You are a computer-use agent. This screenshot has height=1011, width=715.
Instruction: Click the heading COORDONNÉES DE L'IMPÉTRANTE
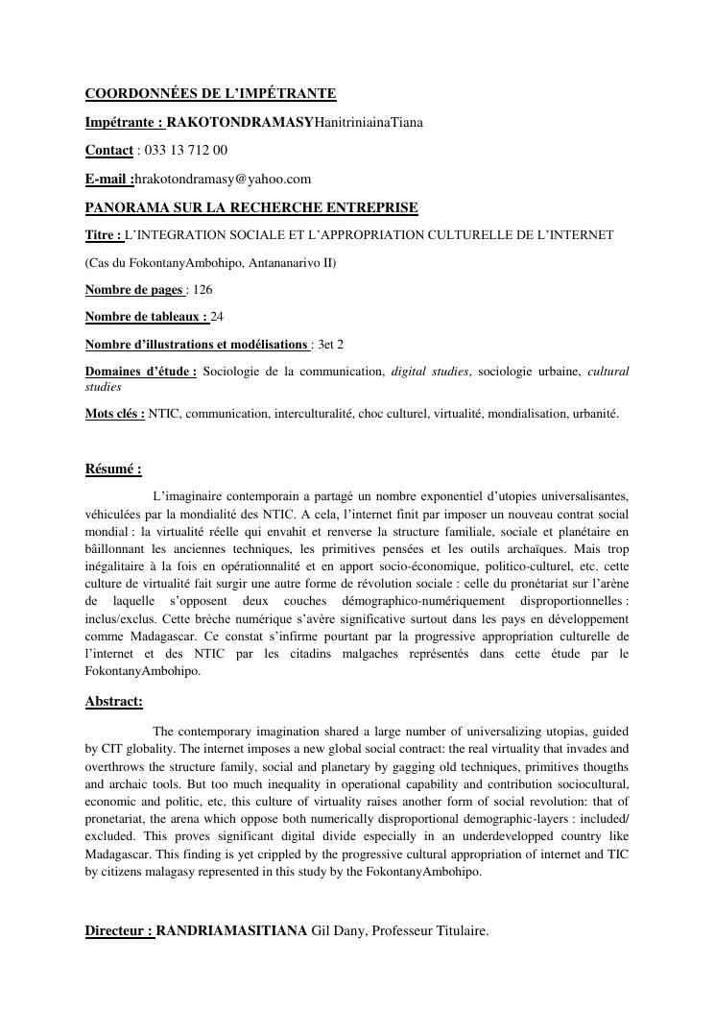[210, 94]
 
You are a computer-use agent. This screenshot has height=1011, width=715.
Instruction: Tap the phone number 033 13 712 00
[185, 151]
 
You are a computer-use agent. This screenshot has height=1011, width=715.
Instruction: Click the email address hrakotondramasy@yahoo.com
[224, 179]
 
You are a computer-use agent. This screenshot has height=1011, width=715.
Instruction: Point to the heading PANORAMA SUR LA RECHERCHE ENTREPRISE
[251, 207]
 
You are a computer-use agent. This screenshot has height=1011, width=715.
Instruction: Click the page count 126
[203, 289]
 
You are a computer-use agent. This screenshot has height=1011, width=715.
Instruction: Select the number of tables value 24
[217, 316]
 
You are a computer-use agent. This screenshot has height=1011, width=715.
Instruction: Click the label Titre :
[104, 234]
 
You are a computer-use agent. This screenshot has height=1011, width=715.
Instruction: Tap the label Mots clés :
[115, 414]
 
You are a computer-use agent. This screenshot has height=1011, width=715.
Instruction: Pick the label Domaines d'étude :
[140, 372]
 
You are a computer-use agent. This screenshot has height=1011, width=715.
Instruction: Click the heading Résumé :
[113, 469]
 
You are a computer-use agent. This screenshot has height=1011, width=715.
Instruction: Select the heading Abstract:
[114, 702]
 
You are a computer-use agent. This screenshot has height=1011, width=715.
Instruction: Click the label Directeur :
[119, 929]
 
